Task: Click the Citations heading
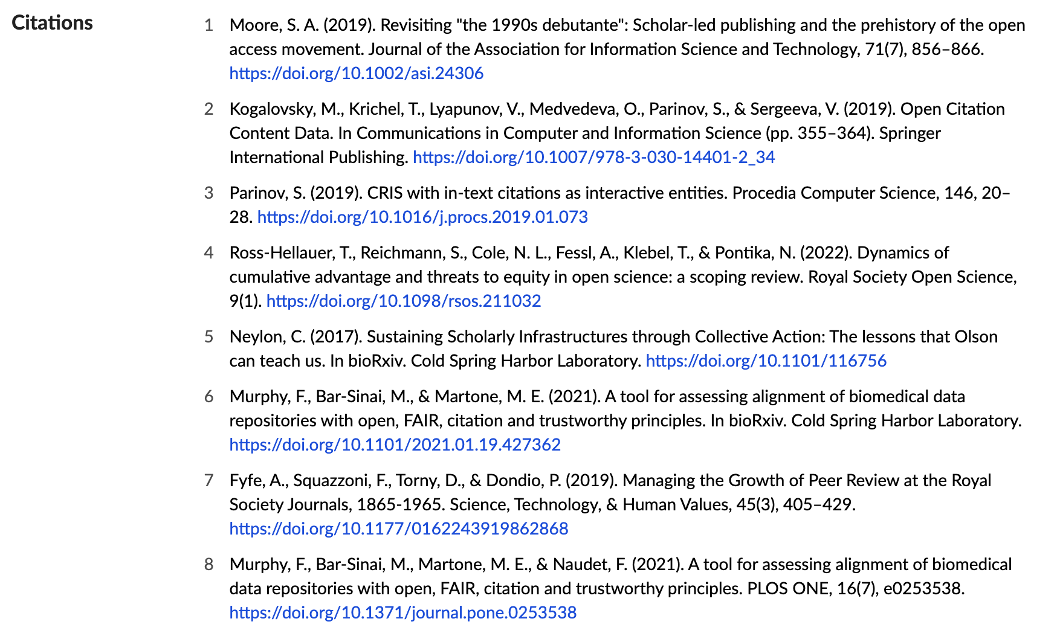[x=52, y=23]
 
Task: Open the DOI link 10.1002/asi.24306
[x=356, y=74]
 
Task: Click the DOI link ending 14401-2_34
[x=593, y=158]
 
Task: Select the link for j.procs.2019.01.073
[x=422, y=217]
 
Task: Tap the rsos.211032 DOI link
[x=403, y=301]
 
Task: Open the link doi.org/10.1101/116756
[x=766, y=361]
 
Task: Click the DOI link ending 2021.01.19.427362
[x=395, y=445]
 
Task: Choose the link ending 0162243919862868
[x=398, y=529]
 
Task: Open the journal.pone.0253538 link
[x=402, y=613]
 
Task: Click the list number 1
[x=209, y=25]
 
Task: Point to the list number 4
[x=209, y=253]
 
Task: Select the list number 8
[x=209, y=565]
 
